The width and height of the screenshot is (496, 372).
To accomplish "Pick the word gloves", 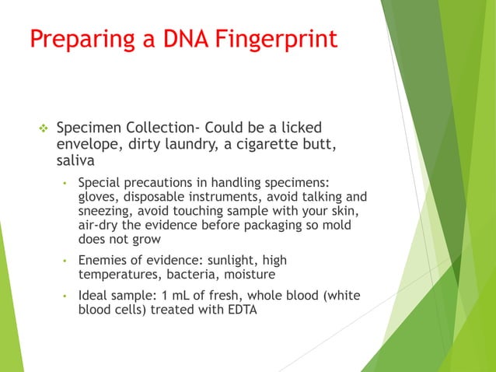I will (98, 198).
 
